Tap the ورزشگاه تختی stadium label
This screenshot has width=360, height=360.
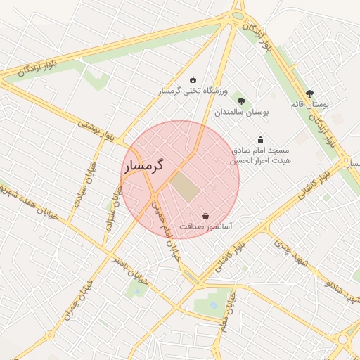194,91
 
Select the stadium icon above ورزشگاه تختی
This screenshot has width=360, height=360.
193,79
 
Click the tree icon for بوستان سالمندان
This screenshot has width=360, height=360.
241,101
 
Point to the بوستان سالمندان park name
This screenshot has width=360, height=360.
242,112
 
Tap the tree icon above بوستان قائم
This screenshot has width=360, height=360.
309,93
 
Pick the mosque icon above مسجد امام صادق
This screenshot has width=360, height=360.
261,139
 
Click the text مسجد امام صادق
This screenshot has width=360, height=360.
261,150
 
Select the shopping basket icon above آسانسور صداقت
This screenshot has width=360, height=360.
205,216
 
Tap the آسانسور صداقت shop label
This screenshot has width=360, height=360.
206,228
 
